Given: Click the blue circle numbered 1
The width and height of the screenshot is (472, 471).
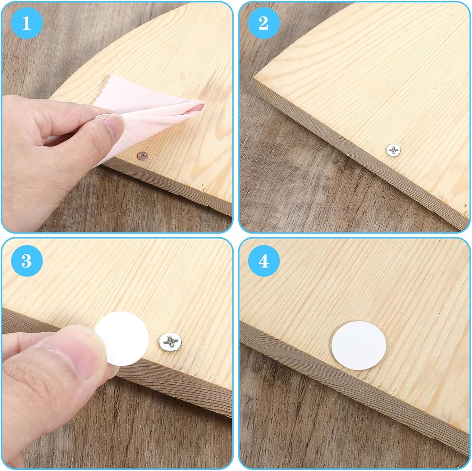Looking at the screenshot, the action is [x=26, y=23].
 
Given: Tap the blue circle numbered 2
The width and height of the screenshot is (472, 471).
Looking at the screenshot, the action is [x=264, y=23].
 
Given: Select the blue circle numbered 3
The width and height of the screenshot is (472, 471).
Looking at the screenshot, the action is [x=26, y=261].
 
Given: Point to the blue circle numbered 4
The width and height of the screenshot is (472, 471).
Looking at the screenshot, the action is [x=264, y=261].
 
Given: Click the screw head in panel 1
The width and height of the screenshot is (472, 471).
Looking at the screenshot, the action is [x=143, y=156].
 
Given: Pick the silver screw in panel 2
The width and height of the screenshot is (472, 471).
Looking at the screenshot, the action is [x=393, y=150].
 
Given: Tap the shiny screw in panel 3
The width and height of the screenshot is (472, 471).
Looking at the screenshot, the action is [x=170, y=342].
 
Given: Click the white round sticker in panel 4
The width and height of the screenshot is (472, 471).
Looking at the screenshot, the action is [x=359, y=345].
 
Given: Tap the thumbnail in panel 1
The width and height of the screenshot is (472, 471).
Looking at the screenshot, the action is [x=114, y=126].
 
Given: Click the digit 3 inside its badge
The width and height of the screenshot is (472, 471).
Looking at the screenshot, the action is [x=26, y=261].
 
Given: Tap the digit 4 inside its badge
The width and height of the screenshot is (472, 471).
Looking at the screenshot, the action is [x=264, y=261].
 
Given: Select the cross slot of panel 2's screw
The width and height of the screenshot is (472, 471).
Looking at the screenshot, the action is [x=393, y=150].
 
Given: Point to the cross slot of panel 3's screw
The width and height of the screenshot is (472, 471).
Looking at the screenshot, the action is [x=170, y=341].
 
